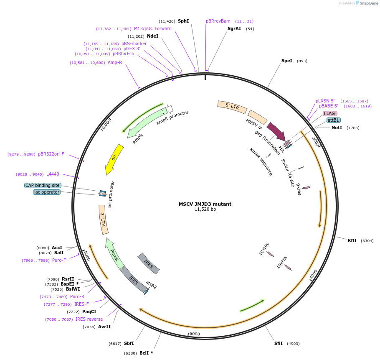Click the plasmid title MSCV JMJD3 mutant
tap(205, 204)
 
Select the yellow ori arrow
tap(114, 159)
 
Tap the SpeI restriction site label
tap(287, 61)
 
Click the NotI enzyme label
tap(337, 128)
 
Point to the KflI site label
tap(352, 240)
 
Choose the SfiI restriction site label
tap(278, 343)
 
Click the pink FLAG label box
tap(329, 113)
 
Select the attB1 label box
tap(333, 120)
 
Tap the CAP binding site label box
tap(43, 185)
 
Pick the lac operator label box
tap(47, 192)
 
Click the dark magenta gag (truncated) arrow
tap(276, 131)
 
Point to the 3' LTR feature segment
tap(103, 219)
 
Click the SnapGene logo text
tap(369, 3)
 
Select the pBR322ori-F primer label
tap(51, 154)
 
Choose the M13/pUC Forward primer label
tap(152, 28)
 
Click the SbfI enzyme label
tap(129, 343)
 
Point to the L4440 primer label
tap(53, 174)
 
